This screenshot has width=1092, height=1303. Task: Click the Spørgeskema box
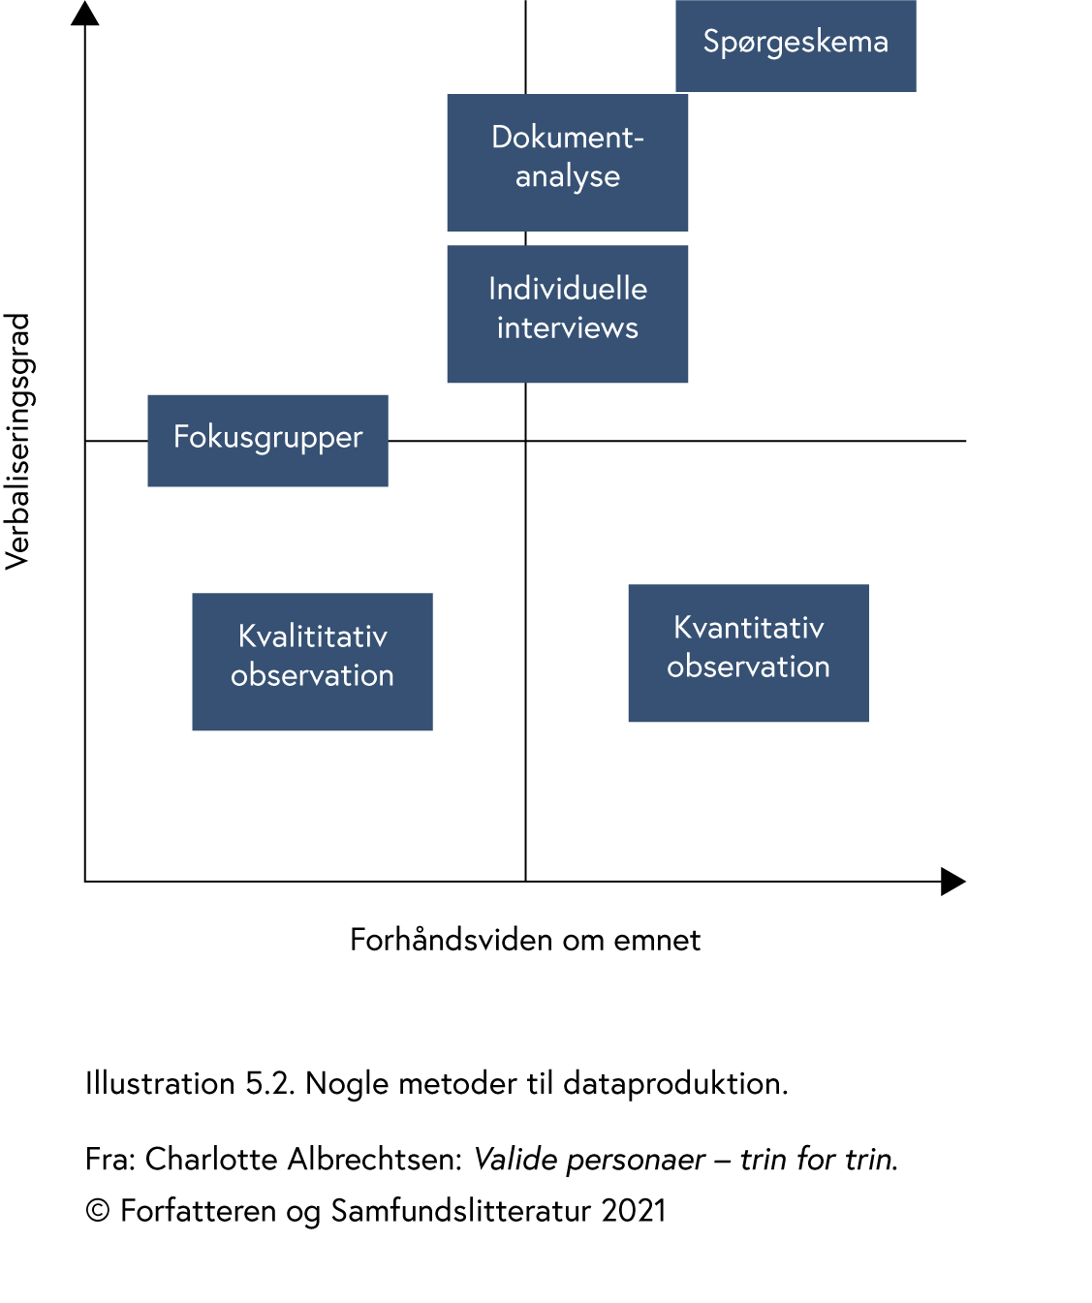(x=796, y=46)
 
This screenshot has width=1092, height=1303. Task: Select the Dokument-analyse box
(x=567, y=162)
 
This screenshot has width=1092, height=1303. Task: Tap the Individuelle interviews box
(x=567, y=313)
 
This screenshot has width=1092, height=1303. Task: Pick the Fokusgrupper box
(x=267, y=440)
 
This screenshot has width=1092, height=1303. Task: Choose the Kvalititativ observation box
(x=312, y=661)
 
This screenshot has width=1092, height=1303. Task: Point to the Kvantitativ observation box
(x=748, y=652)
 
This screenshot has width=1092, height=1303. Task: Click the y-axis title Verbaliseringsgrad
(x=18, y=441)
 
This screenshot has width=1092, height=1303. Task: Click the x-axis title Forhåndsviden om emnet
(x=524, y=940)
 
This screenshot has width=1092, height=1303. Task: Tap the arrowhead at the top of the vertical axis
(x=85, y=13)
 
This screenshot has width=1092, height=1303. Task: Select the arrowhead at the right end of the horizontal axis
(x=953, y=882)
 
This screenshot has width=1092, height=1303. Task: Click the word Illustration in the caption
(x=160, y=1083)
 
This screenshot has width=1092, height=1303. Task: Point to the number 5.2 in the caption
(x=268, y=1083)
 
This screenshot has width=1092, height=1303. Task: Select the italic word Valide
(x=515, y=1159)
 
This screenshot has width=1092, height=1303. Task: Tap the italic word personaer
(x=636, y=1160)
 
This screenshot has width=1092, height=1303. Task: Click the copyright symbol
(x=97, y=1211)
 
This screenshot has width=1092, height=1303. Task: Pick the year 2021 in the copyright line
(x=634, y=1211)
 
